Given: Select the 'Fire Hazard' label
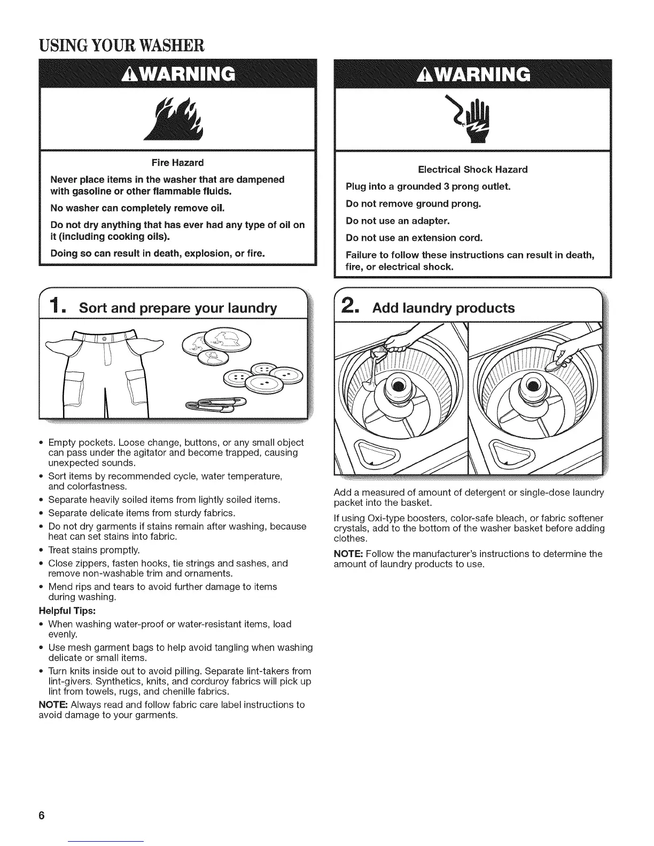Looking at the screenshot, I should pos(177,162).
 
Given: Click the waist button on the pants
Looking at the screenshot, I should pos(105,339).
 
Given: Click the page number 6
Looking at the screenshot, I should pos(42,817).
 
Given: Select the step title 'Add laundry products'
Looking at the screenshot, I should pos(443,308).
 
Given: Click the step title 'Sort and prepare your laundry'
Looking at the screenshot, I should pos(178,308).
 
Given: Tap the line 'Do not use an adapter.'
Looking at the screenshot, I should pos(398,221).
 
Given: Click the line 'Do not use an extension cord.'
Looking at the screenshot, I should pos(414,238).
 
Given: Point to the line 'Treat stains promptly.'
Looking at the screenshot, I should pos(94,550).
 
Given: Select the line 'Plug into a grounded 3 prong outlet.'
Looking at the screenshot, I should pos(429,186).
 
